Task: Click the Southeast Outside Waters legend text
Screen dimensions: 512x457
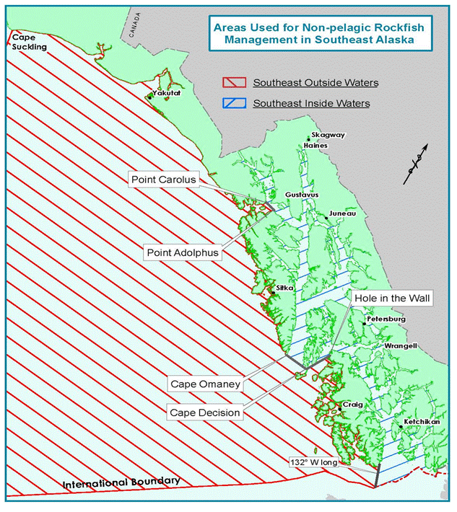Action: point(315,83)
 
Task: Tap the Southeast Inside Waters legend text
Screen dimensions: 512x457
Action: point(310,104)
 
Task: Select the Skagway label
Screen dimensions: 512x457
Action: point(323,136)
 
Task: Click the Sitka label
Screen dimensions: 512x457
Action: point(284,288)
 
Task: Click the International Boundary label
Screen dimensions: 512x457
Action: point(121,482)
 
